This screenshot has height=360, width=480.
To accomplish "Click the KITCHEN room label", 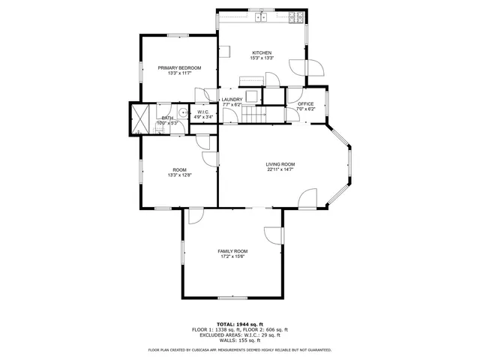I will point(262,52).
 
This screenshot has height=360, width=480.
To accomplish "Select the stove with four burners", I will point(298,16).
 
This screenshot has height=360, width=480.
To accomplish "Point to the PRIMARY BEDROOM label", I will point(179,67).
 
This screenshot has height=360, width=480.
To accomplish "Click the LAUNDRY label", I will point(232,100).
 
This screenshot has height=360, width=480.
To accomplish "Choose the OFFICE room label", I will point(305,104).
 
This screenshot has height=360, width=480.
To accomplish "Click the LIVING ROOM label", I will point(280,164).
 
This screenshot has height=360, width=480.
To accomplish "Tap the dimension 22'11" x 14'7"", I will point(280,169).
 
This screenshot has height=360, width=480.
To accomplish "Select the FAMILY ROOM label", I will point(232,251).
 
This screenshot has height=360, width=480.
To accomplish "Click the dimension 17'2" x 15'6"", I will point(232,256).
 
